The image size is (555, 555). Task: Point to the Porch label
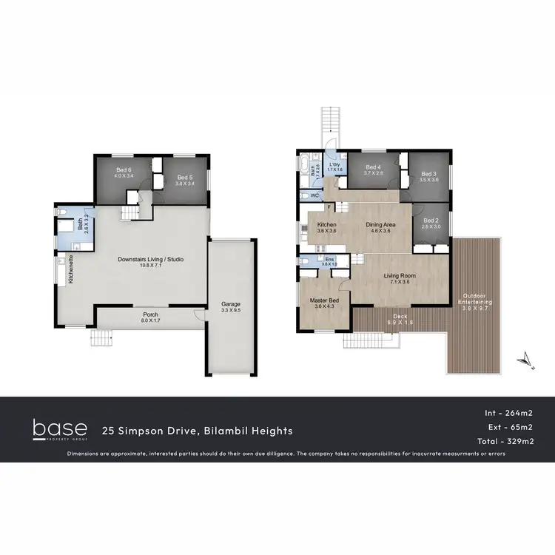[151, 314]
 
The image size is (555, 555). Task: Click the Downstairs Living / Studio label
[151, 259]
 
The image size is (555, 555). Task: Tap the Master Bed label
[323, 300]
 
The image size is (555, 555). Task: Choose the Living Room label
[400, 276]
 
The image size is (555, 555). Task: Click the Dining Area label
[380, 224]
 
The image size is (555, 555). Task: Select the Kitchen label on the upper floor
[327, 224]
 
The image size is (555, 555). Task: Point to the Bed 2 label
[431, 221]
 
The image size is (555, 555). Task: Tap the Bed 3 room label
[429, 173]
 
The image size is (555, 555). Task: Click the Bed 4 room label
[374, 167]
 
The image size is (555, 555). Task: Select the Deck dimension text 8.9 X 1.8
[400, 323]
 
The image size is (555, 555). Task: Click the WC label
[314, 195]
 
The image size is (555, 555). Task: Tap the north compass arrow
[523, 358]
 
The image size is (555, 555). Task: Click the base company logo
[59, 429]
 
